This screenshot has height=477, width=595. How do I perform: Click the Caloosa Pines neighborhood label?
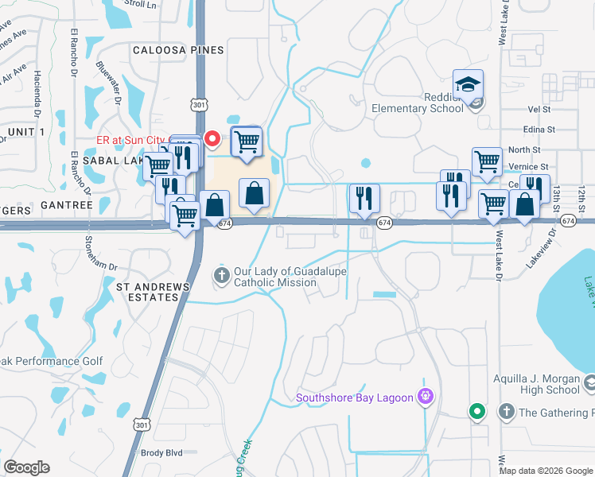178,50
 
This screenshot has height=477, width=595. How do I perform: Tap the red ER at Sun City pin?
212,139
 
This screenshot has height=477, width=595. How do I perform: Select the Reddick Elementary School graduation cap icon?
469,83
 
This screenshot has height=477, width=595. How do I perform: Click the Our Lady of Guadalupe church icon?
220,275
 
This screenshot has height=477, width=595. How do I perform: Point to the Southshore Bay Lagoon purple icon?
426,396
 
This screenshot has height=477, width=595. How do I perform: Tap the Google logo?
26,467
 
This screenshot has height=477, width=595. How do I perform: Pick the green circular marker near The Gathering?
476,411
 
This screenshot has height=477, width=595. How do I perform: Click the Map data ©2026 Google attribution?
546,471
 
